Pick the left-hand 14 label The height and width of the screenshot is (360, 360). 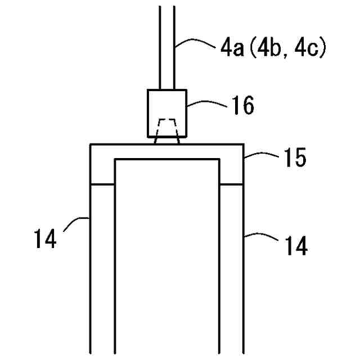click(45, 239)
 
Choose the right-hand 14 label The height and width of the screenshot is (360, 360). click(295, 246)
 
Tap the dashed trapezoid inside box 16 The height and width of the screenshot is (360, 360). click(167, 129)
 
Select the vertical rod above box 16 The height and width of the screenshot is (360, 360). click(167, 45)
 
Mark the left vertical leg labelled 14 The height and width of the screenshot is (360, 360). click(103, 270)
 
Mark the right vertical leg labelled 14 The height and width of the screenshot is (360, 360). click(231, 270)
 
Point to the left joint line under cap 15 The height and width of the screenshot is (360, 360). click(103, 183)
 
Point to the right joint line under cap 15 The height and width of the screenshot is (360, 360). click(231, 183)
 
